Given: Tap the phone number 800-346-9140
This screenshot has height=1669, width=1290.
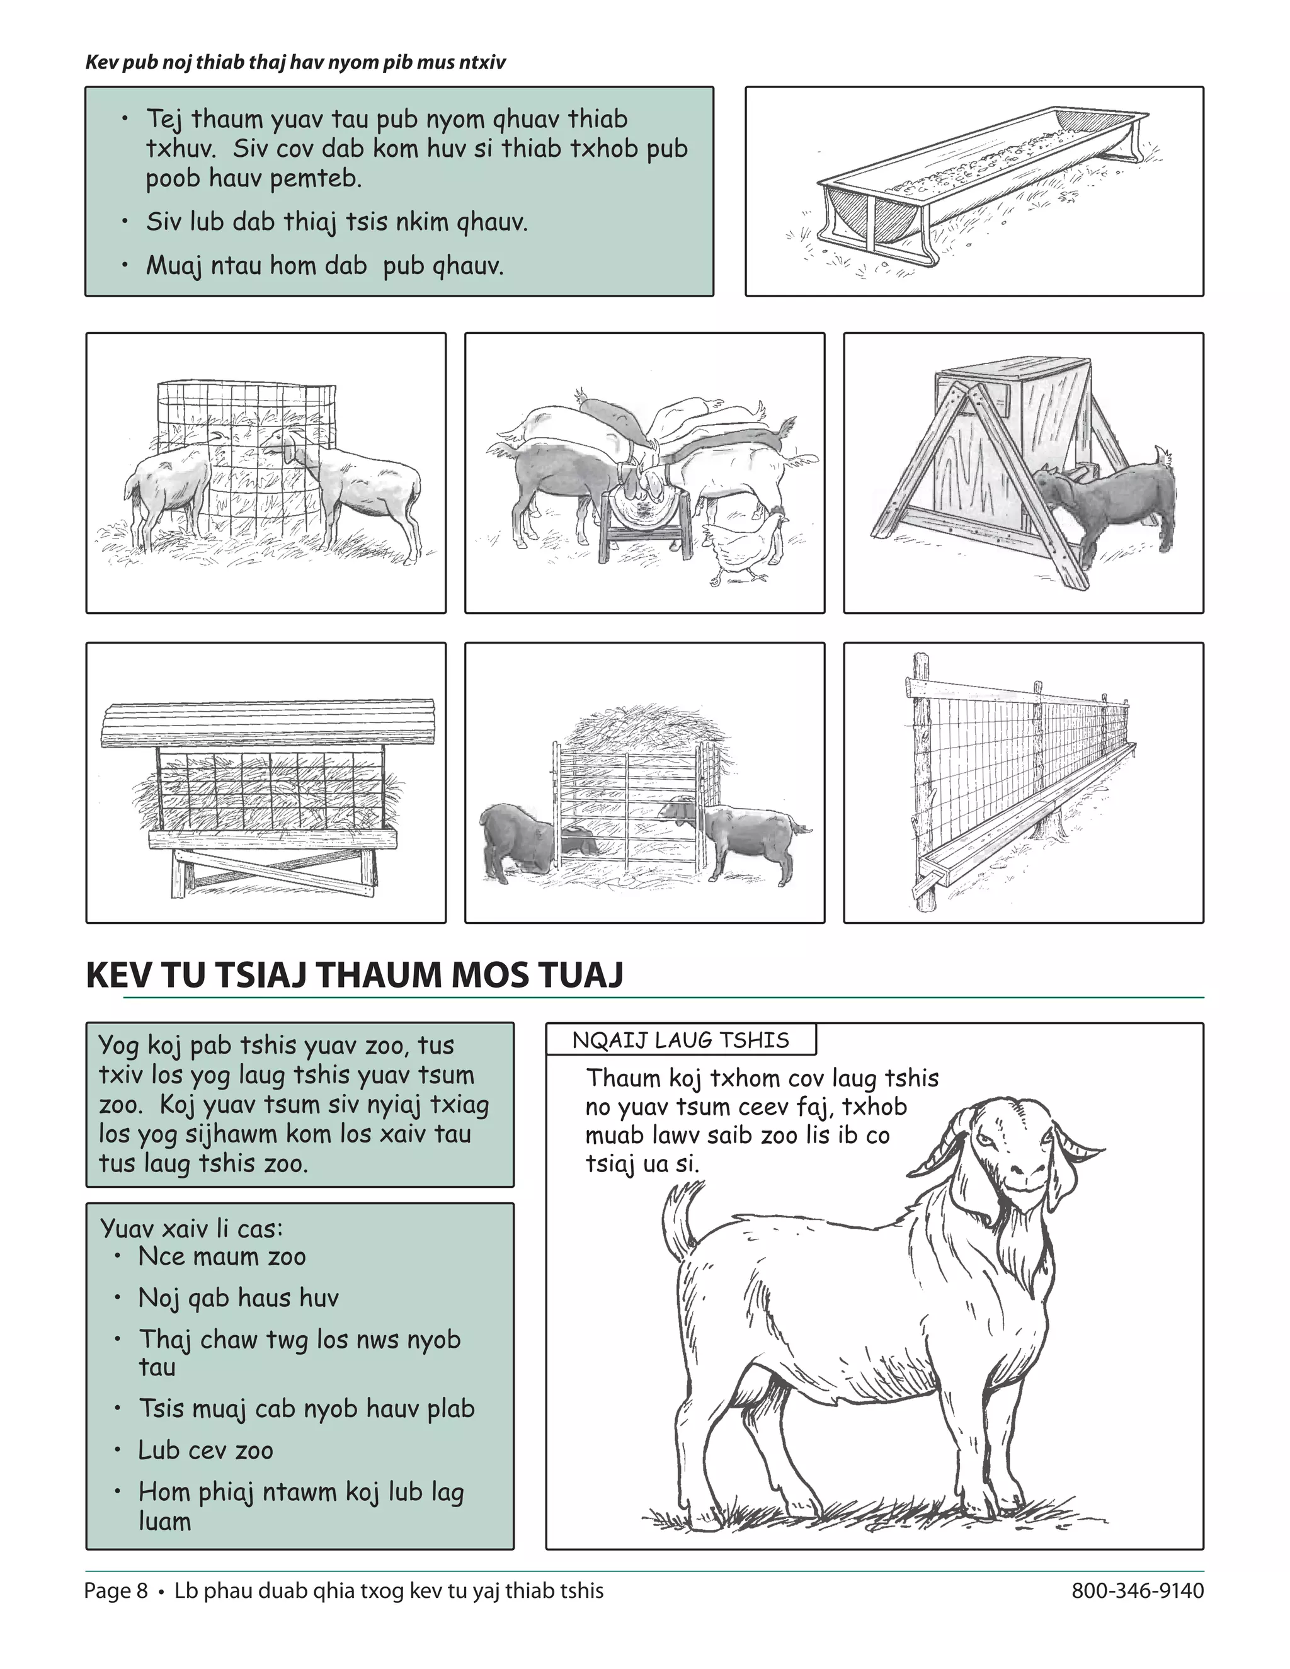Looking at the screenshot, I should [x=1137, y=1590].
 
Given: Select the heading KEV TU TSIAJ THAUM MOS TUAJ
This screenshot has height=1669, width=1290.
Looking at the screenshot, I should [x=355, y=976].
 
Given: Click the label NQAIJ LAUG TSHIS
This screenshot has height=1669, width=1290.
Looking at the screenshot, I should [x=680, y=1040].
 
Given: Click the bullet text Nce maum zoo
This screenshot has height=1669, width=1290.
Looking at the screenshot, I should [x=222, y=1256].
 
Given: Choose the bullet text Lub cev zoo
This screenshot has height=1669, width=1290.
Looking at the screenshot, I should [x=205, y=1450].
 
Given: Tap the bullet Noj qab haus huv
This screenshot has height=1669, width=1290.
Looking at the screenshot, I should [x=237, y=1297].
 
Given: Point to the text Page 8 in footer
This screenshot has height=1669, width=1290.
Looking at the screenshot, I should [x=116, y=1590].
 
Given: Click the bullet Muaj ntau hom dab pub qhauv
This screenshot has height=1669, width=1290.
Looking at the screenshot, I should [x=325, y=266].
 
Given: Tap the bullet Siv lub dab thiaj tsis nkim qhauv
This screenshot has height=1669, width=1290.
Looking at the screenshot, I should [x=336, y=222].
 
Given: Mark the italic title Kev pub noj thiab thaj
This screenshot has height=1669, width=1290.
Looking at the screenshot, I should [x=295, y=62].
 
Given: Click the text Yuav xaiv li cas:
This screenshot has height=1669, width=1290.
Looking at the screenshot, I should [x=191, y=1229].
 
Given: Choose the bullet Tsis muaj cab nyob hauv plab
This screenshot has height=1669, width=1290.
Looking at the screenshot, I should [x=305, y=1408].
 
